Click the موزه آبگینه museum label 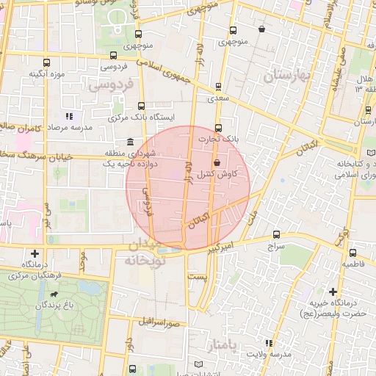pos(48,75)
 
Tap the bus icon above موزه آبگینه pos(47,63)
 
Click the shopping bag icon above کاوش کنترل pos(216,163)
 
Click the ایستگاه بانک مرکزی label pos(140,117)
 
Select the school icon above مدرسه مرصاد pos(69,115)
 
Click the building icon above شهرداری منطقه pos(129,142)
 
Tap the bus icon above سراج pos(276,235)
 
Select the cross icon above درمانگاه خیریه pos(334,292)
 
